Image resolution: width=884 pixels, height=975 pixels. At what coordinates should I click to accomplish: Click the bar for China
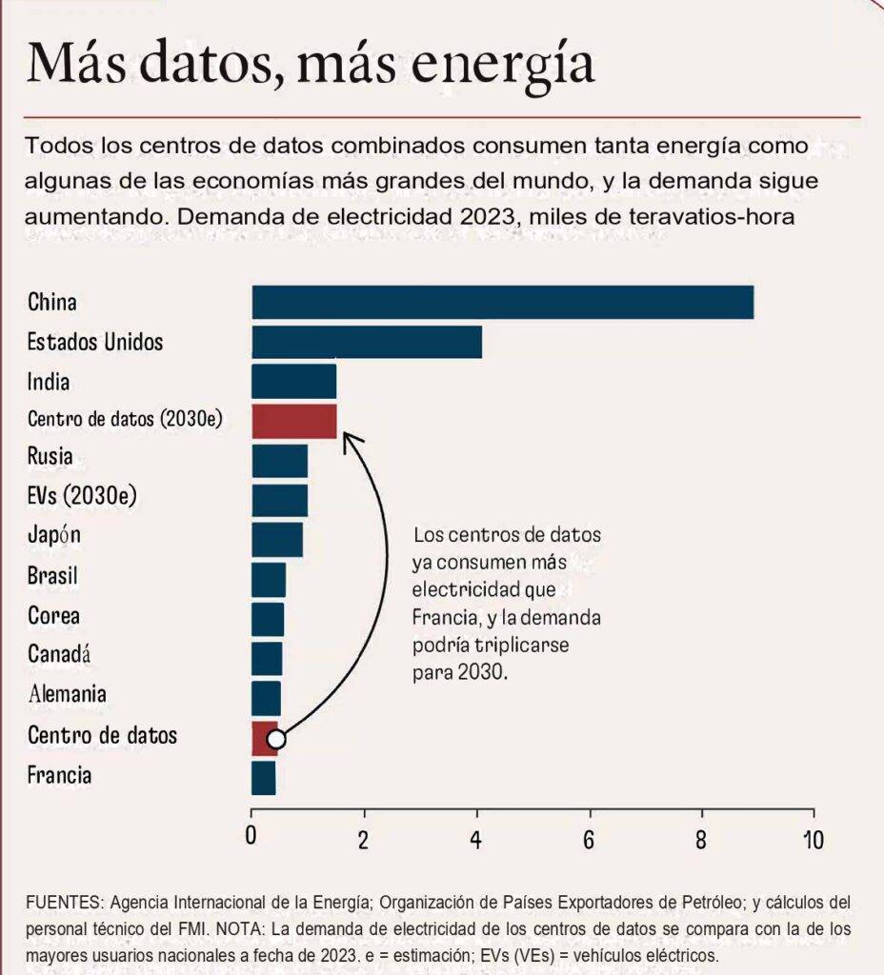click(x=502, y=303)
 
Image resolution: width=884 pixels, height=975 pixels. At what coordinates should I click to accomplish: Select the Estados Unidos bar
click(x=367, y=342)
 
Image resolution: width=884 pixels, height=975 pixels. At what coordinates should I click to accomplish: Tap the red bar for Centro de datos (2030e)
click(x=294, y=421)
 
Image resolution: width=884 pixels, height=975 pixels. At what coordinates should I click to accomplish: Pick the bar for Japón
click(x=277, y=539)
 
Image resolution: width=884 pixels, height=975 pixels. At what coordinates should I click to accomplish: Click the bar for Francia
click(x=264, y=777)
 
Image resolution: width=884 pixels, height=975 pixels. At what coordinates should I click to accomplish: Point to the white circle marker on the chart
click(x=276, y=739)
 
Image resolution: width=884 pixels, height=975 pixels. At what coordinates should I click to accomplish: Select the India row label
click(x=49, y=382)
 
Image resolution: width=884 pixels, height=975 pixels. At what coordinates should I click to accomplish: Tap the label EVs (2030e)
click(x=74, y=497)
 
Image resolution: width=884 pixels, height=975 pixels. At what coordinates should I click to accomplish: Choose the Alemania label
click(x=67, y=693)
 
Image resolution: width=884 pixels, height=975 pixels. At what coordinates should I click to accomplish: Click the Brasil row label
click(x=52, y=576)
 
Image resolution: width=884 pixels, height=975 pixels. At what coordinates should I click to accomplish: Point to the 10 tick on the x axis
click(x=813, y=840)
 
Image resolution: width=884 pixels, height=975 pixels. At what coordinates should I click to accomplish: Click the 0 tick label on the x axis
click(x=251, y=840)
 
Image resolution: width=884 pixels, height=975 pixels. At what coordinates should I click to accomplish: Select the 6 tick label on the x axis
click(x=590, y=840)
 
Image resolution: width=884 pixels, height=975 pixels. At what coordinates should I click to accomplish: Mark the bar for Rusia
click(x=279, y=460)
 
